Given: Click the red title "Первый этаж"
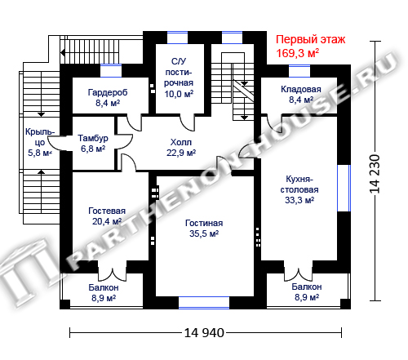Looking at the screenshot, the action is [310, 40].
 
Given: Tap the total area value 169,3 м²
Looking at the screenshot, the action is [298, 53].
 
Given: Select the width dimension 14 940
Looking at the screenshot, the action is [204, 333].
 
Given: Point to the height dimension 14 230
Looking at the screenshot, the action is [375, 174].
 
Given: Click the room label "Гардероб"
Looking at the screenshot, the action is [108, 93].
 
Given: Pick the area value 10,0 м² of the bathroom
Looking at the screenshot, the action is [179, 94].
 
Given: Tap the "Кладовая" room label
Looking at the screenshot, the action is [301, 89].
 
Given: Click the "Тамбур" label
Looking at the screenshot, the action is [93, 138].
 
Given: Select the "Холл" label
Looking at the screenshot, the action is [181, 142].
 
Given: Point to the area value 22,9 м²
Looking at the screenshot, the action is [181, 153].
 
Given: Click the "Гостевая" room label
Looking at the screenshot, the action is [107, 211].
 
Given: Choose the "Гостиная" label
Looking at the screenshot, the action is [204, 223].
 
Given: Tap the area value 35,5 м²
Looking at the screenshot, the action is [204, 233].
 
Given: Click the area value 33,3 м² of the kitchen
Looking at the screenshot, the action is [299, 200].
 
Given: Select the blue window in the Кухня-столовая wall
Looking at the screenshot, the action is [344, 188].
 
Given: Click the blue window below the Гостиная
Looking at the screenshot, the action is [204, 303].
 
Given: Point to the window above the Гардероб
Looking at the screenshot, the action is [111, 71].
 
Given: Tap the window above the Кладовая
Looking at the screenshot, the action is [299, 71].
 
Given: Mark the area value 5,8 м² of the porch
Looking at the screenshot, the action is [40, 153].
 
